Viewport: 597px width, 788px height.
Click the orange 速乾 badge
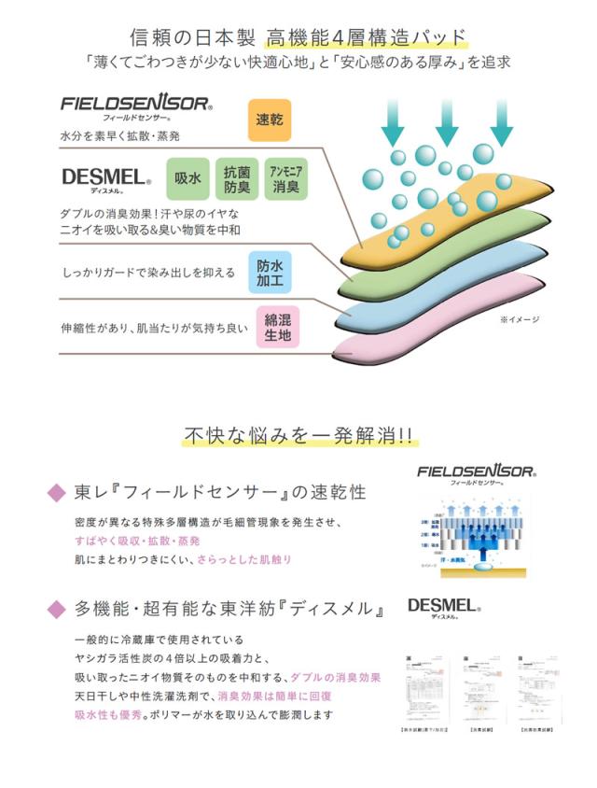(269, 120)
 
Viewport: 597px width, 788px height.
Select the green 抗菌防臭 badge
(235, 175)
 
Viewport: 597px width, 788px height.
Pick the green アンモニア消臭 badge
(285, 175)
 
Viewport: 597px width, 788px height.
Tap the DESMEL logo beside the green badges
(105, 176)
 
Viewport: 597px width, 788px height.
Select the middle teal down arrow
(446, 120)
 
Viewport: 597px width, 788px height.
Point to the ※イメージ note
(520, 319)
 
